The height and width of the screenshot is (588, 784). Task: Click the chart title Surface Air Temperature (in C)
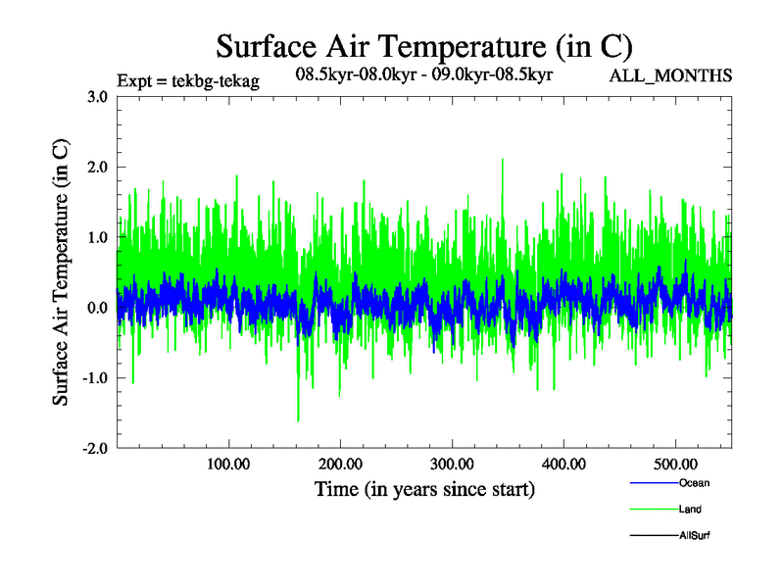(423, 46)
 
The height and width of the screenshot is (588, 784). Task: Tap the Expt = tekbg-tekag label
(187, 81)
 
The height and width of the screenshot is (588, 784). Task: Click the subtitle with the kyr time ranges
(425, 73)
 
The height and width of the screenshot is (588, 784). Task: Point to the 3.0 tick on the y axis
(97, 96)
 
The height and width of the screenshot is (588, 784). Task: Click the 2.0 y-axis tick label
(97, 167)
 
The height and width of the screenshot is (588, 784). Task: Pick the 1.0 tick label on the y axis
(97, 237)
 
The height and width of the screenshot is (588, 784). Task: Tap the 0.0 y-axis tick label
(97, 308)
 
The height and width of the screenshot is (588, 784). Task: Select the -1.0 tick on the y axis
(94, 378)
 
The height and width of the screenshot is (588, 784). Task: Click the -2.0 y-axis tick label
(94, 449)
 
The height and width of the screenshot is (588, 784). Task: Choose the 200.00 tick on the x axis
(340, 464)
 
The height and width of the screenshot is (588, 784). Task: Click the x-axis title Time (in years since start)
(424, 489)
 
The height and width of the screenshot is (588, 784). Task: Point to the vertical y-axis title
(61, 272)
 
